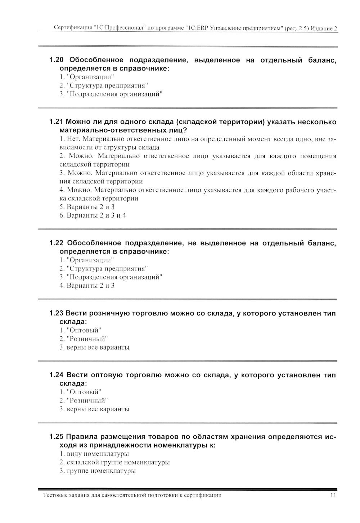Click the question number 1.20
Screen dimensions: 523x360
click(56, 60)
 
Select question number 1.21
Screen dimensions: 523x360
click(56, 122)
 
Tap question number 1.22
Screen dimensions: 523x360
click(56, 243)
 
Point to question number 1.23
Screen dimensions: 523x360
click(56, 313)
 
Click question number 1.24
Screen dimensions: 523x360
click(56, 375)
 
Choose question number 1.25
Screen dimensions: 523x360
click(56, 437)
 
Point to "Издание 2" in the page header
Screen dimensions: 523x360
click(324, 28)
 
